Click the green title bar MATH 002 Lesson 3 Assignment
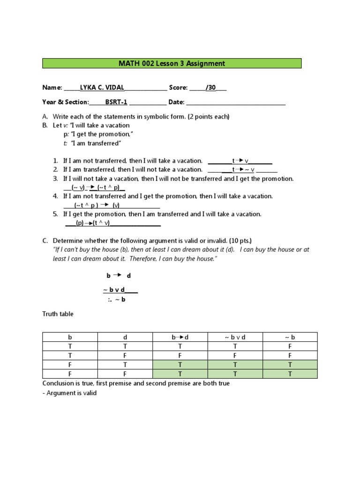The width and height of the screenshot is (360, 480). click(x=172, y=63)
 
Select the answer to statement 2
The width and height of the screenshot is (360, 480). click(x=243, y=170)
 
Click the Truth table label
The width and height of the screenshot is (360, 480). click(x=58, y=314)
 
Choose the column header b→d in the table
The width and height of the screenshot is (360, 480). click(x=180, y=337)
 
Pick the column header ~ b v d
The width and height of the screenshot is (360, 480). click(x=235, y=337)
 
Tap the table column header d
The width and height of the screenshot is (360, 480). click(x=125, y=337)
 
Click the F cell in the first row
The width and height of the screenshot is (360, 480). click(x=290, y=346)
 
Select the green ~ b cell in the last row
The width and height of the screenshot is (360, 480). click(x=290, y=374)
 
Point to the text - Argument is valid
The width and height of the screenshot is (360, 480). click(x=69, y=393)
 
